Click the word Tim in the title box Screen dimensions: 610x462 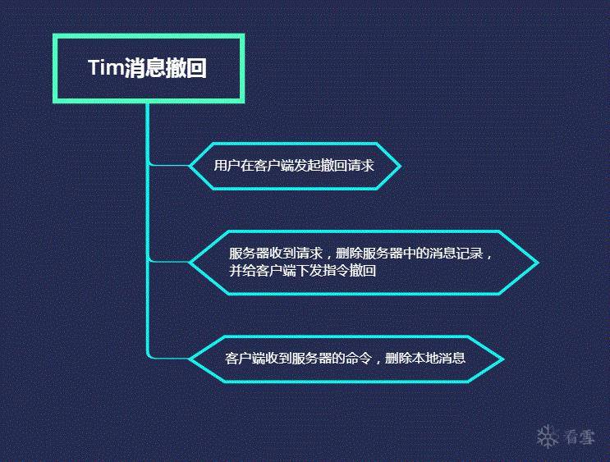(106, 67)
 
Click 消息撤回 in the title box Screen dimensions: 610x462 (165, 68)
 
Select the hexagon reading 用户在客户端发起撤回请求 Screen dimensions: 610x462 (295, 166)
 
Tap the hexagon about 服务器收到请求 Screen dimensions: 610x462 (364, 263)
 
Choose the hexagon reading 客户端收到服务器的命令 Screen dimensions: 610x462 (346, 359)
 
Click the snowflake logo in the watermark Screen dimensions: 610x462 (547, 437)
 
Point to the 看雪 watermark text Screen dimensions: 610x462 (580, 437)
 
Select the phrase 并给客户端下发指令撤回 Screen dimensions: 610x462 (303, 270)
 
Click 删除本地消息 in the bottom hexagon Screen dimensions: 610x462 (425, 358)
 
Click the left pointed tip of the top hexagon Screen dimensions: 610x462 (190, 166)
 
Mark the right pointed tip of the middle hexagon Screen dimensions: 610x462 (539, 263)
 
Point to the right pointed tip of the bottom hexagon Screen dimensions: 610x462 (504, 359)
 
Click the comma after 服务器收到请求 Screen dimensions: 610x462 (328, 257)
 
